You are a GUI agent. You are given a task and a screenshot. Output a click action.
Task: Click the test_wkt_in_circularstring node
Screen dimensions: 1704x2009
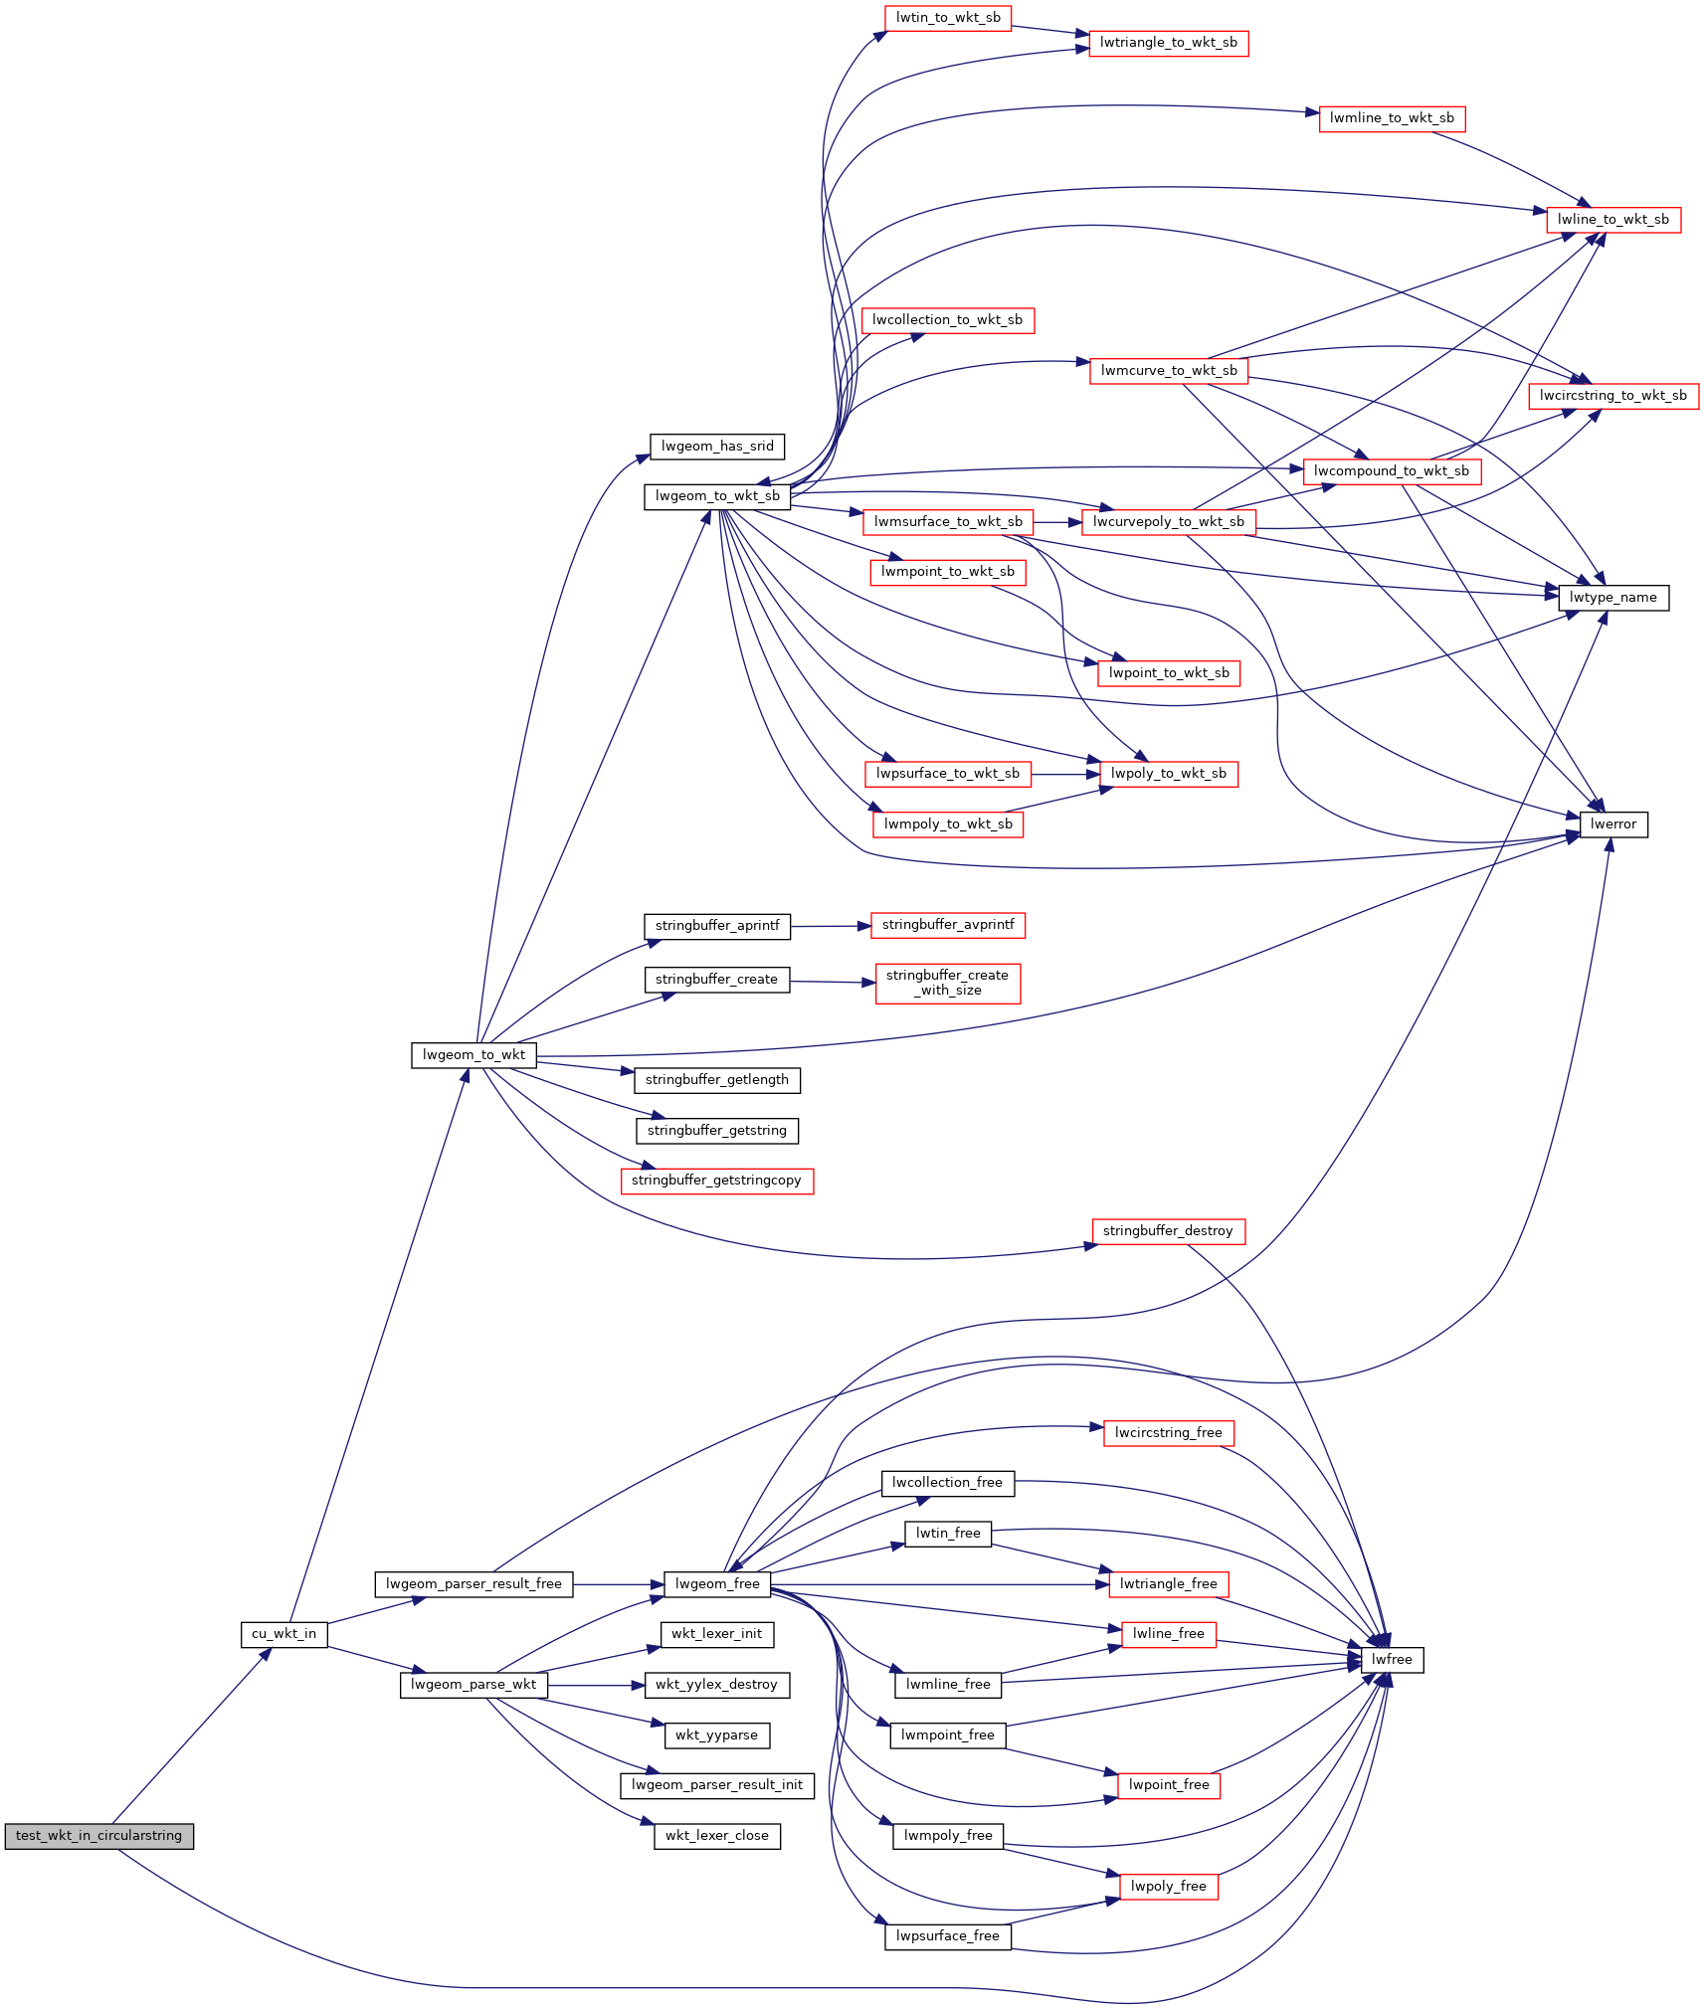(98, 1836)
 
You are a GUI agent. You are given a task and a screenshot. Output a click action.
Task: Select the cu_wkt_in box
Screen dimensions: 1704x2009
(284, 1634)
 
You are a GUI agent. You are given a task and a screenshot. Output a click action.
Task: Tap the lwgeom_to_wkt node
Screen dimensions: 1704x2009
(473, 1055)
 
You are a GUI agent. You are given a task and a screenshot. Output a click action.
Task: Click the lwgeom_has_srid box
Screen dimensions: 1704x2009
(717, 447)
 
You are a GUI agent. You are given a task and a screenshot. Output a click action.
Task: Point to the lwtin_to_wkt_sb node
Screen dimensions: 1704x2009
(948, 18)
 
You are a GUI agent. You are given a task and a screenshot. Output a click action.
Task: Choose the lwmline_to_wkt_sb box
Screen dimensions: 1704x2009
(1392, 118)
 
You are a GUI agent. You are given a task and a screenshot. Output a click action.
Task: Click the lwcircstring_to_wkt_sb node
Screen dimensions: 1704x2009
(1613, 396)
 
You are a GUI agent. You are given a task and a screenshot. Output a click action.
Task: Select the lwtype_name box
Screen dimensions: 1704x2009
(1613, 598)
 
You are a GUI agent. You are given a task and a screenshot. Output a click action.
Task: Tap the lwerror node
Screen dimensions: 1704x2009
(1613, 824)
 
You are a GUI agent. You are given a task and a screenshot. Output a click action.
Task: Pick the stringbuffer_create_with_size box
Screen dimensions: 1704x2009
(948, 983)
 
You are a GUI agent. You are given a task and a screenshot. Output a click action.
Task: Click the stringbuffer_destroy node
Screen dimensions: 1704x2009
(1168, 1231)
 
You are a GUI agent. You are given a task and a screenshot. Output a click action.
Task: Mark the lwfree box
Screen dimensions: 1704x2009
(1392, 1660)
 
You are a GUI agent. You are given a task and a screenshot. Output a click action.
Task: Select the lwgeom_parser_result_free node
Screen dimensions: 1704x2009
(473, 1584)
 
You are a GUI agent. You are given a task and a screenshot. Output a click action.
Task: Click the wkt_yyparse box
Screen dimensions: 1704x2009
(717, 1735)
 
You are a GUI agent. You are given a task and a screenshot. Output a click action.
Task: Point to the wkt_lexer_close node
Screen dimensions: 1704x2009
(717, 1836)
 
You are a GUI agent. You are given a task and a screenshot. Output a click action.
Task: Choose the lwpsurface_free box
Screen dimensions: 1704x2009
(948, 1936)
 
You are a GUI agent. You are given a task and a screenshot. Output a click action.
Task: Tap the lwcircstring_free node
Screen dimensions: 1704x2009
(1169, 1433)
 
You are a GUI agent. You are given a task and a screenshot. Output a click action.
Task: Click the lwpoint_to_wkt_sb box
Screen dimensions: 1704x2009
(1169, 673)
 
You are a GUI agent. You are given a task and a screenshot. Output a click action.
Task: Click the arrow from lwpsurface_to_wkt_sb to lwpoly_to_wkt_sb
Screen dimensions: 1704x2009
(1066, 774)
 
